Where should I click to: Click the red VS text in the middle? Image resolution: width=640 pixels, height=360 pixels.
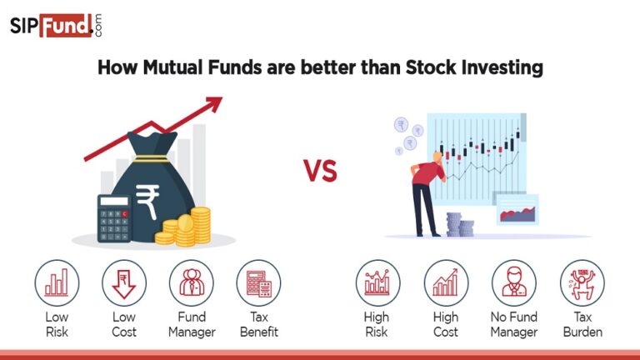coord(319,172)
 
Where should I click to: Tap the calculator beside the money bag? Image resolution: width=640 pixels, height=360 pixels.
coord(113,218)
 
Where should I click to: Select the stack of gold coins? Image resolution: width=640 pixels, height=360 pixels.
coord(187,227)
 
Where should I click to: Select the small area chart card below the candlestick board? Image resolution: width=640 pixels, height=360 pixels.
coord(517,210)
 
